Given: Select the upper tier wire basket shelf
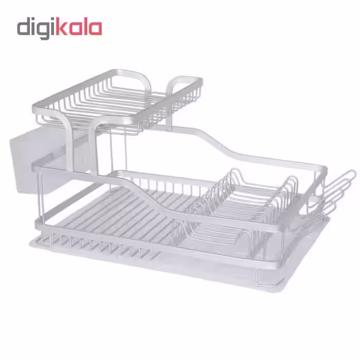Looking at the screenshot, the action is (117, 101).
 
